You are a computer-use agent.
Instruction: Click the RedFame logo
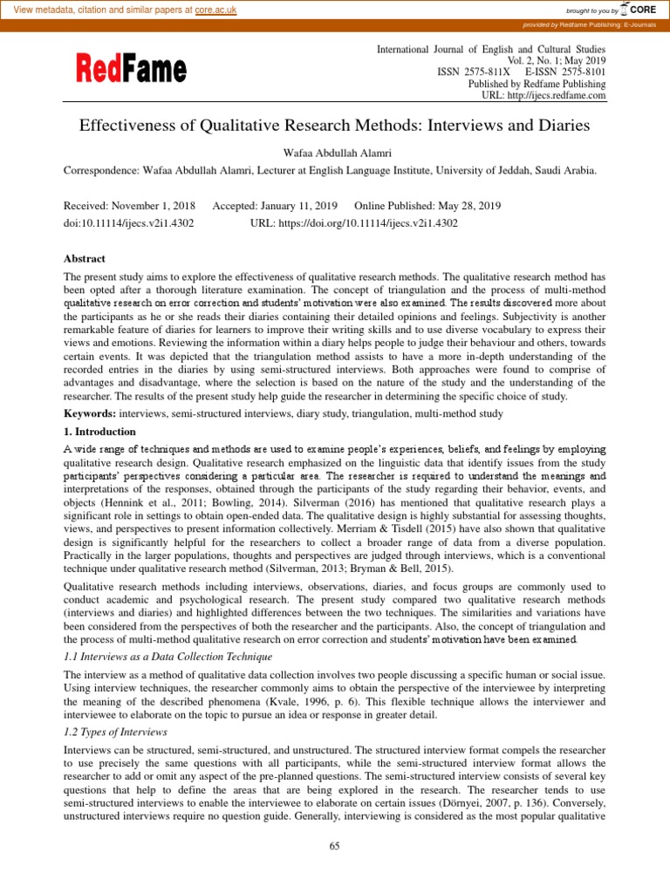click(x=124, y=68)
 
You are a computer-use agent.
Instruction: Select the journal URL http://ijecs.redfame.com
click(x=550, y=95)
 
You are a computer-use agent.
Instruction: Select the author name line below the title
click(x=334, y=152)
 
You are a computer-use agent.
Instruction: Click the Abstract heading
click(x=84, y=259)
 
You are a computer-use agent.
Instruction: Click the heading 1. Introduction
click(x=99, y=431)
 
